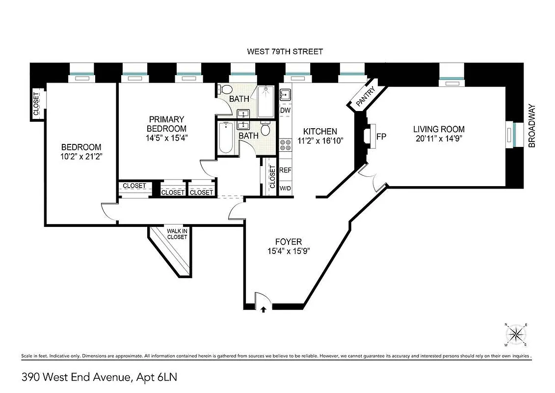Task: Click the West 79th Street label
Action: [x=285, y=52]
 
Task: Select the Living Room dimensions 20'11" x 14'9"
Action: [x=438, y=138]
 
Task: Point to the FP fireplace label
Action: [x=380, y=136]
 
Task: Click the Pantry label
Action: [x=366, y=96]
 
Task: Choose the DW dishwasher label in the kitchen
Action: [x=285, y=111]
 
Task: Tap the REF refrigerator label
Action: [x=285, y=170]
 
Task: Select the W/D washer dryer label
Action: [x=285, y=188]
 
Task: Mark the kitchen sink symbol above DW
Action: [x=285, y=94]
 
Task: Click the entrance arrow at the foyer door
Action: [x=264, y=309]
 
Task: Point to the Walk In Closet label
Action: [x=177, y=234]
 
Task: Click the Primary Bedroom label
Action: [x=167, y=123]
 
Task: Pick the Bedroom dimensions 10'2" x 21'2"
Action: [x=81, y=157]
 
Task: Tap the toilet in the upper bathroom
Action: [x=226, y=90]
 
